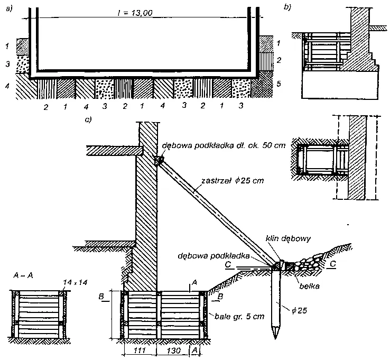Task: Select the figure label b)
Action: pos(288,7)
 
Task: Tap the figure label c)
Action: pos(88,119)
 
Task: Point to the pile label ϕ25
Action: pos(298,309)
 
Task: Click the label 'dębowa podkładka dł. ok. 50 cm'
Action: pos(225,145)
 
